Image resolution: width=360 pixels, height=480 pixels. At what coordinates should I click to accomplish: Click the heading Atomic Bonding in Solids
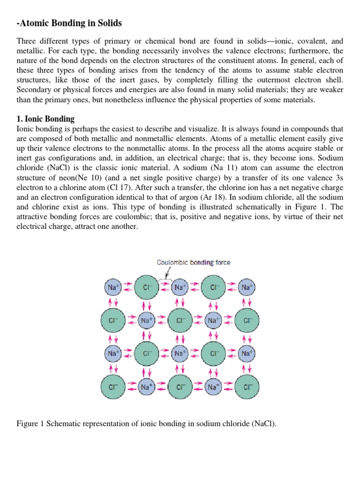69,23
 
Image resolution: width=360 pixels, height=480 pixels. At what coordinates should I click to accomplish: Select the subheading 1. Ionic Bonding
45,119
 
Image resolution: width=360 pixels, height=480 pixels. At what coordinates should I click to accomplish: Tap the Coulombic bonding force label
193,262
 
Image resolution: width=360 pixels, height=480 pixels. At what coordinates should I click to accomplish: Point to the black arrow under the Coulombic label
166,272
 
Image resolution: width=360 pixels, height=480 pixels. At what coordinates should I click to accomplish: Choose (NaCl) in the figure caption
264,424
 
